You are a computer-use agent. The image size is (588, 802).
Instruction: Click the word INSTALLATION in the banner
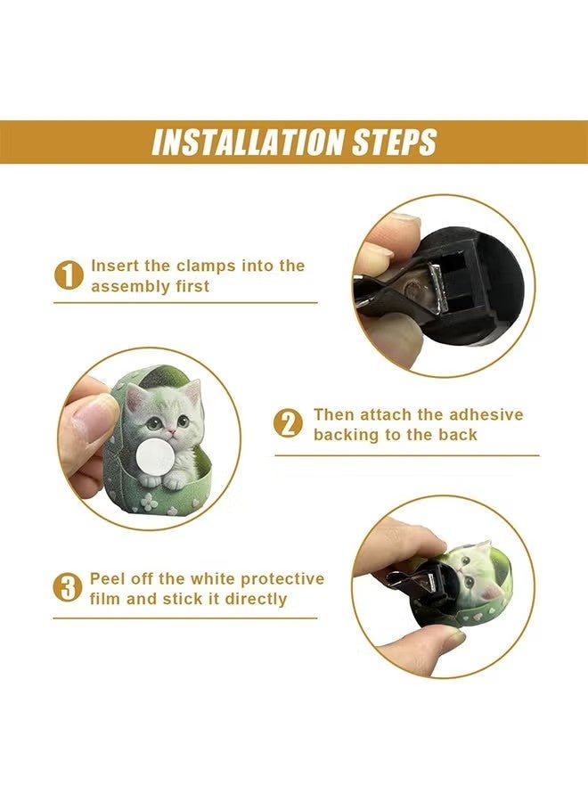pos(248,142)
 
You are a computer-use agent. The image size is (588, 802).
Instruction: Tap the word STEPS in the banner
pos(394,142)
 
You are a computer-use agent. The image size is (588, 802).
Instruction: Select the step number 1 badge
pos(69,275)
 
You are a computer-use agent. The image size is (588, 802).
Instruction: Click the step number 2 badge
pos(289,424)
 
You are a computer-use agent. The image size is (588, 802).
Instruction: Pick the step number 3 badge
pos(68,588)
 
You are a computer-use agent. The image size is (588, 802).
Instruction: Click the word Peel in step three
pos(106,578)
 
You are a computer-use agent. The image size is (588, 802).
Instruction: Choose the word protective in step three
pos(282,579)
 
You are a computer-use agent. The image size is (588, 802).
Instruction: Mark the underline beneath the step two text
pos(407,454)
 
